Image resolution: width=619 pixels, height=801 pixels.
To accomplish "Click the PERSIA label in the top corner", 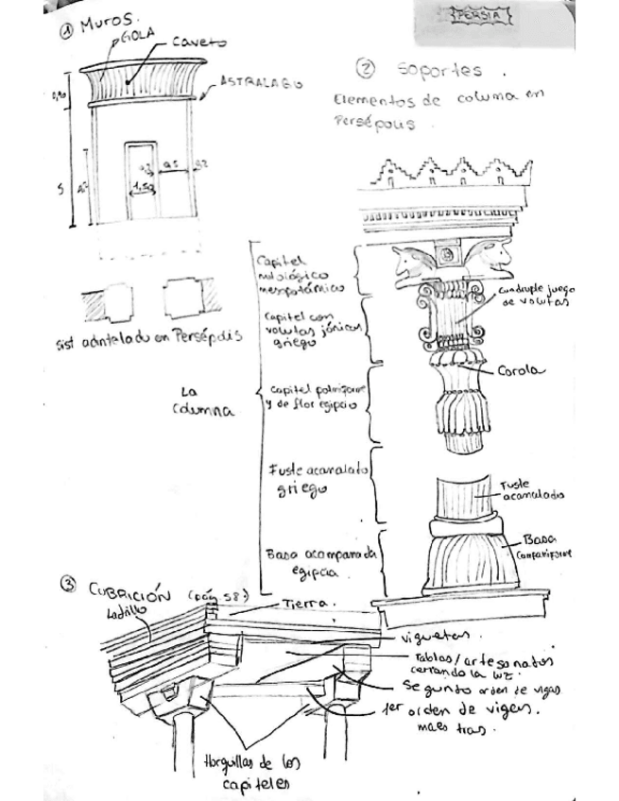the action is click(480, 17).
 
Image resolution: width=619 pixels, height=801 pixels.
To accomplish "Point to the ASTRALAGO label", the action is click(262, 83).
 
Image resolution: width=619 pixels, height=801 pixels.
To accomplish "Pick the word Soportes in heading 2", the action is click(439, 70).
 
